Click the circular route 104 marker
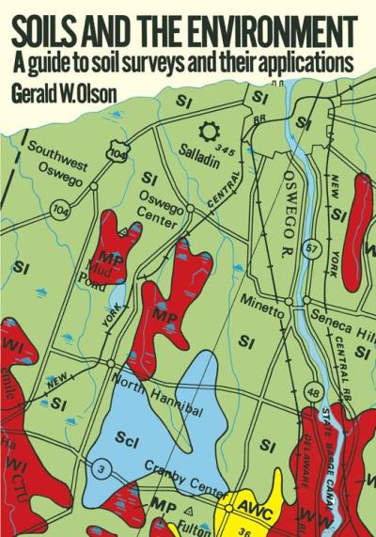click(x=61, y=211)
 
